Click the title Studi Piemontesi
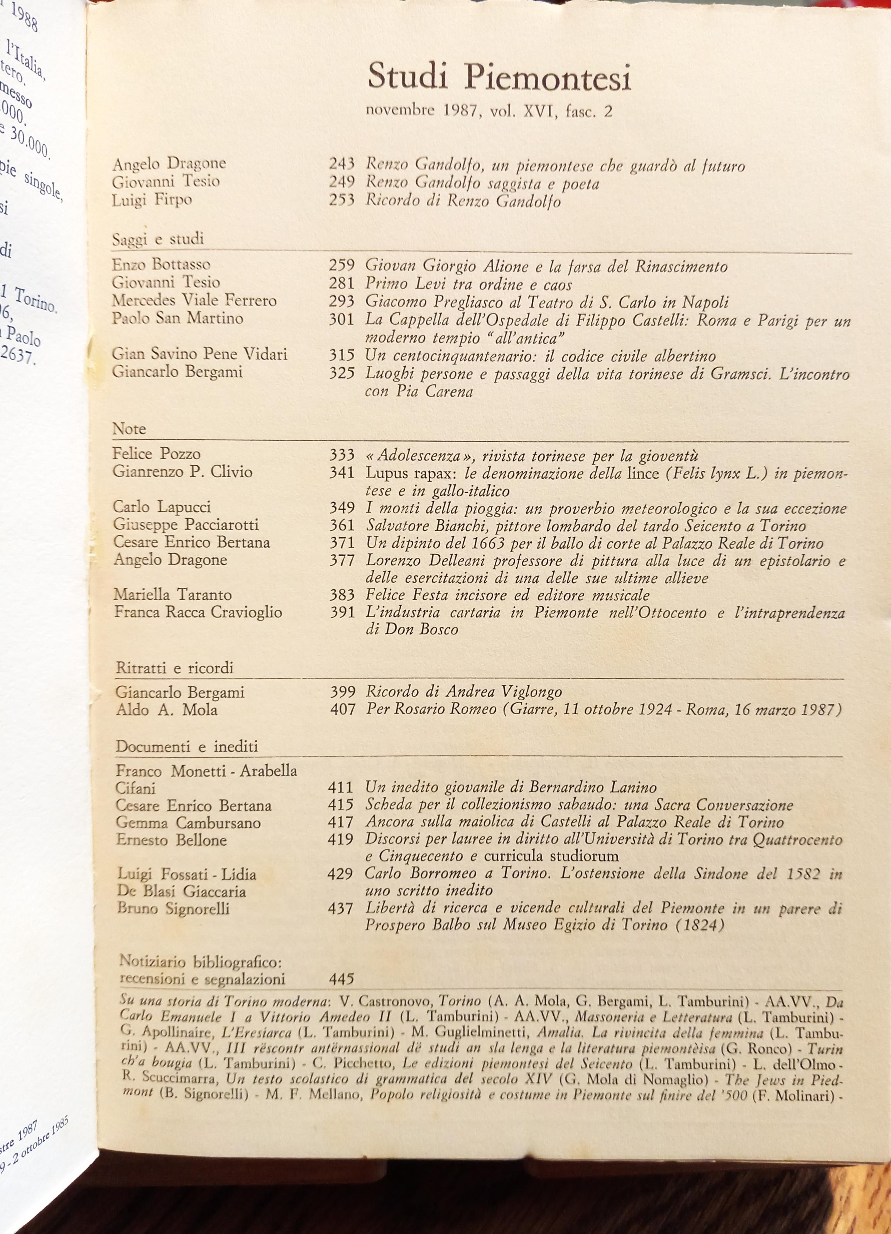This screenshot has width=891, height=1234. coord(499,77)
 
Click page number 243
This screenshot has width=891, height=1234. coord(342,164)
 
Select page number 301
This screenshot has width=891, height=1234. coord(342,319)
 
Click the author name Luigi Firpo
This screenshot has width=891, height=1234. coord(152,200)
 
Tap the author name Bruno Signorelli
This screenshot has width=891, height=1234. coord(173,908)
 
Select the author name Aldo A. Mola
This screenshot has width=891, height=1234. coord(167,710)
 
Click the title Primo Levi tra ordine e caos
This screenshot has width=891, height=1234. coord(468,284)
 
